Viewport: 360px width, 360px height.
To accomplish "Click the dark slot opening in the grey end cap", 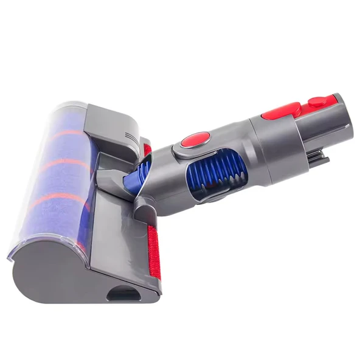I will [123, 294].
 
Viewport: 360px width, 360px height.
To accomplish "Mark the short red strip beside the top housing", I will [147, 150].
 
